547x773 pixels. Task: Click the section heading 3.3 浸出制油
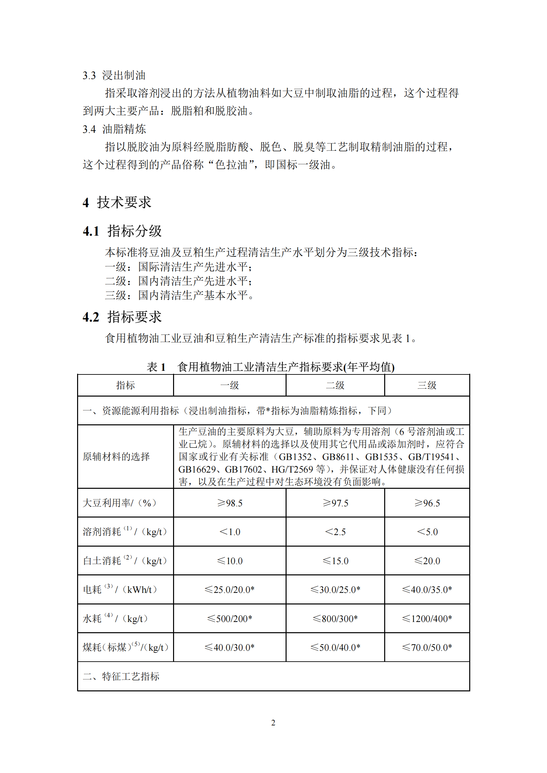(x=114, y=75)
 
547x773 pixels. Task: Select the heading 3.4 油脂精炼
(x=114, y=129)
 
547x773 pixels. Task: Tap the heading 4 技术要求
(x=116, y=202)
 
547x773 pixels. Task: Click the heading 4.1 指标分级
(x=122, y=231)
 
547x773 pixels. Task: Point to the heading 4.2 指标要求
(x=122, y=317)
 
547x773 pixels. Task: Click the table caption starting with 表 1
(x=270, y=367)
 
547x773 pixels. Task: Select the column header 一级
(x=230, y=385)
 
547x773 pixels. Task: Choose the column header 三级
(x=427, y=385)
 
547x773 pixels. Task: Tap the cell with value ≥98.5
(x=230, y=503)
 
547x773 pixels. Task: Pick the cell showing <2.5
(x=335, y=532)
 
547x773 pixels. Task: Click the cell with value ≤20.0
(x=427, y=561)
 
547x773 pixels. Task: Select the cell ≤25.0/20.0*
(x=230, y=590)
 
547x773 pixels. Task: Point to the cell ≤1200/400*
(x=427, y=618)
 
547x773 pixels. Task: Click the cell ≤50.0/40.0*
(x=335, y=647)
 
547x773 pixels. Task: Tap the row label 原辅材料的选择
(x=116, y=456)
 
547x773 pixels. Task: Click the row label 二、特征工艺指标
(x=121, y=676)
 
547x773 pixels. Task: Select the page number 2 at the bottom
(x=273, y=723)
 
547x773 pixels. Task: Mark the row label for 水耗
(x=115, y=618)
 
